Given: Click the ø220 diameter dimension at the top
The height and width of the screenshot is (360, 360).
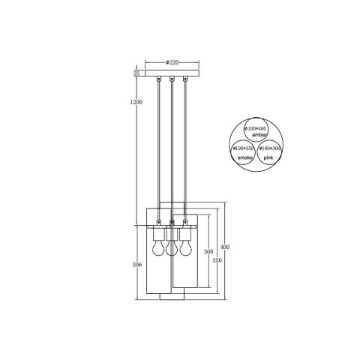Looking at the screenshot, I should [172, 63].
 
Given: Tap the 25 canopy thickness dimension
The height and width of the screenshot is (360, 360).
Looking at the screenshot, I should [136, 73].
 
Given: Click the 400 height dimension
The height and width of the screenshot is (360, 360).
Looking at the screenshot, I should [226, 247].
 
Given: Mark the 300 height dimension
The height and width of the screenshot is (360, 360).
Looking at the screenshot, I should [208, 251].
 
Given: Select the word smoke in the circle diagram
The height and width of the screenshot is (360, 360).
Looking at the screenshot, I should [245, 159].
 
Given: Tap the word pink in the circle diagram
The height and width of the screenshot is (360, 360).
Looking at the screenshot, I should [268, 159].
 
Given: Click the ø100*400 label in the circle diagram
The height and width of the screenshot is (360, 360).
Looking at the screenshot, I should [256, 128].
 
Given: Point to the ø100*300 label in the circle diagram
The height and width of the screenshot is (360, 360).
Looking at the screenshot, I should [268, 148].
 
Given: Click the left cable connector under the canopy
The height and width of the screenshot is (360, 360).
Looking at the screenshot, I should [159, 79].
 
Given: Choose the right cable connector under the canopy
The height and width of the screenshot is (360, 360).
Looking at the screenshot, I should [185, 79].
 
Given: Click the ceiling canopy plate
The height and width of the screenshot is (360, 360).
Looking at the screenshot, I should [172, 73].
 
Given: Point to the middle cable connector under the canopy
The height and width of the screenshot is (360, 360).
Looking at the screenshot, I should [172, 79].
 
